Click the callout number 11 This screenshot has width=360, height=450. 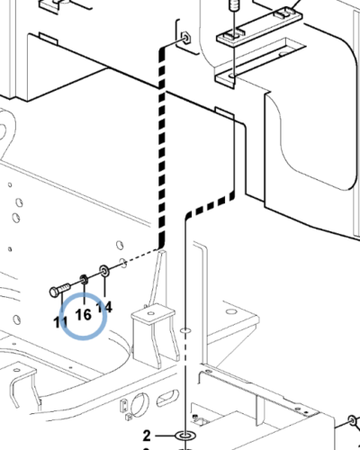tap(60, 322)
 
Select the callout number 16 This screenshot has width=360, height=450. tap(83, 315)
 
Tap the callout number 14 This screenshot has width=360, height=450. tap(104, 307)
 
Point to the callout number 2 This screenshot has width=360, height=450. tap(147, 436)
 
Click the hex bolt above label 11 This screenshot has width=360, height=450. tap(59, 290)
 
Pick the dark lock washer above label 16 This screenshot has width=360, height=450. tap(84, 280)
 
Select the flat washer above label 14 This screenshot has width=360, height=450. tap(103, 270)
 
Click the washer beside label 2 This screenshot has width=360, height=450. tap(184, 436)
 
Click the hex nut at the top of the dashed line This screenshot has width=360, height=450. tap(185, 39)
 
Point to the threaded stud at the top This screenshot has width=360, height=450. tap(233, 5)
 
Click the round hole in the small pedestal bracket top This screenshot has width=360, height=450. tap(151, 313)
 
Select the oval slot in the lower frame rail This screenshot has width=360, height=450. tap(167, 398)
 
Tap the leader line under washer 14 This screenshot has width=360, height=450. tap(104, 286)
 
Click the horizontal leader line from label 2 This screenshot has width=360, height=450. tap(165, 436)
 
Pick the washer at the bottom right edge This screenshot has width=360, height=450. tap(352, 420)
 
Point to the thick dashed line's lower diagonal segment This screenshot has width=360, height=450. tap(211, 205)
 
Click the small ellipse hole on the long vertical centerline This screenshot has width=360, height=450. tap(185, 330)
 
